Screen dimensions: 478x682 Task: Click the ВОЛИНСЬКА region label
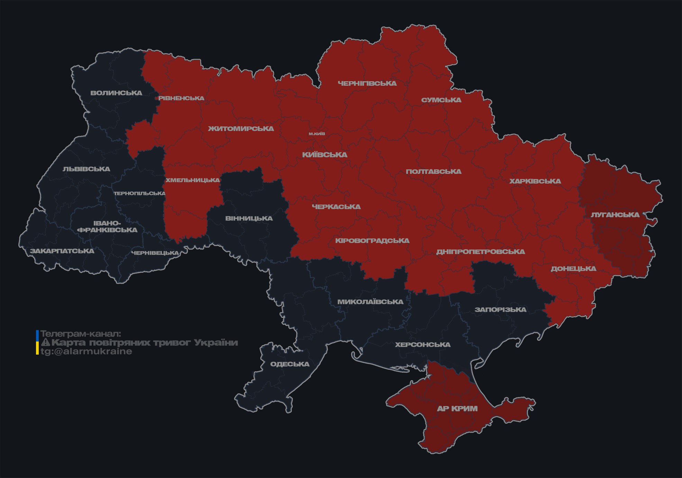pos(116,93)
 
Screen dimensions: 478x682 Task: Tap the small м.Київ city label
pos(317,133)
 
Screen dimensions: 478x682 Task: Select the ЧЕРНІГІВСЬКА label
pos(367,83)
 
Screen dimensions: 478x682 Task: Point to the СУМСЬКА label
pos(441,100)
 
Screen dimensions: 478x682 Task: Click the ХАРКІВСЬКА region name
pos(535,181)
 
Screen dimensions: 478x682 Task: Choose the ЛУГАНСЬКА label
pos(615,215)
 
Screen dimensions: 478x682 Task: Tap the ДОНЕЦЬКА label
pos(573,269)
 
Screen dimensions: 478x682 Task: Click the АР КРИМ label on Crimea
pos(457,409)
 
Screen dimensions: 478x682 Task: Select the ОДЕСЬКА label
pos(290,364)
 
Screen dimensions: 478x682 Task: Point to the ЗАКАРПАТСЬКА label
pos(62,251)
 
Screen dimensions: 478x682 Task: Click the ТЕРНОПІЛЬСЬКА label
pos(139,193)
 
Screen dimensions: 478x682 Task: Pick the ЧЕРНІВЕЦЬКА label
pos(155,253)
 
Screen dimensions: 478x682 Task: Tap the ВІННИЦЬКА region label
pos(249,218)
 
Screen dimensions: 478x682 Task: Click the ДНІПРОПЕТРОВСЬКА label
pos(480,252)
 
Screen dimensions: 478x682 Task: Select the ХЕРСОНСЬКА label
pos(422,345)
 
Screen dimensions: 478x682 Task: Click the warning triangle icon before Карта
pos(45,343)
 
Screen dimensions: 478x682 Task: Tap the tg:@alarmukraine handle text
pos(86,352)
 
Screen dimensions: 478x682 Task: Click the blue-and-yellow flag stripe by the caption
pos(37,343)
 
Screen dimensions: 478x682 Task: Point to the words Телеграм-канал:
pos(81,334)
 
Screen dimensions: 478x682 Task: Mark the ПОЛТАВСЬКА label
pos(433,171)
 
